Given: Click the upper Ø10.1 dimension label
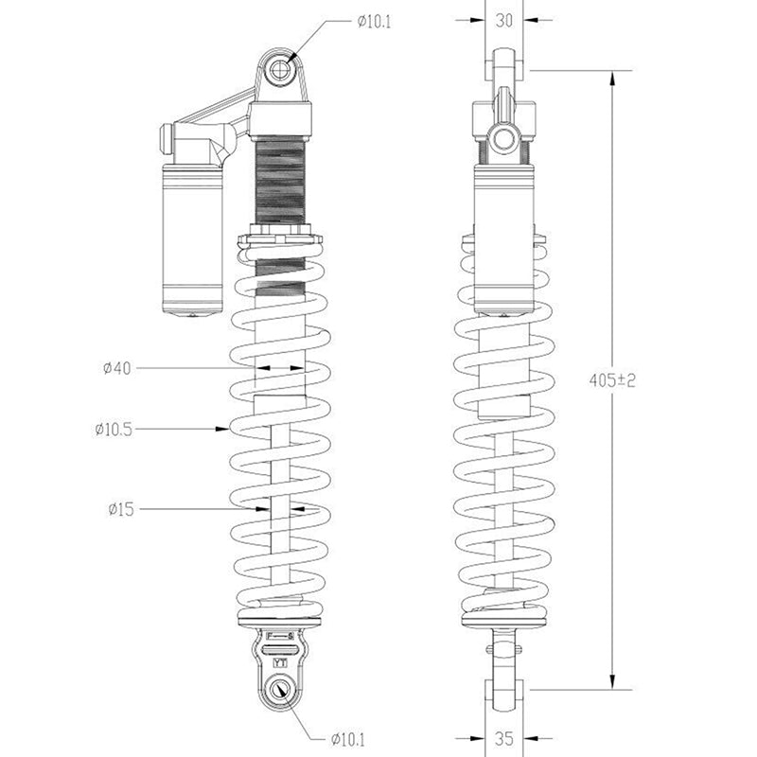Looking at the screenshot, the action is point(374,22).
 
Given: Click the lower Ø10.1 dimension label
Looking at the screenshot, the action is point(348,739).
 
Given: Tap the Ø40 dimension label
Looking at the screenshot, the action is point(116,368).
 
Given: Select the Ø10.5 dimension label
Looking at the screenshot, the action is point(114,430).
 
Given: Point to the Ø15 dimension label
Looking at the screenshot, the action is point(121,509).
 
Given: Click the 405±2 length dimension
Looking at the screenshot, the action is point(612,380).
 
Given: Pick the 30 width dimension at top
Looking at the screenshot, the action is point(504,20).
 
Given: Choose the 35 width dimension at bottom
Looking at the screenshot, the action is point(504,738).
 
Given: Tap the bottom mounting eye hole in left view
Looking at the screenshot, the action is point(278,690).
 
